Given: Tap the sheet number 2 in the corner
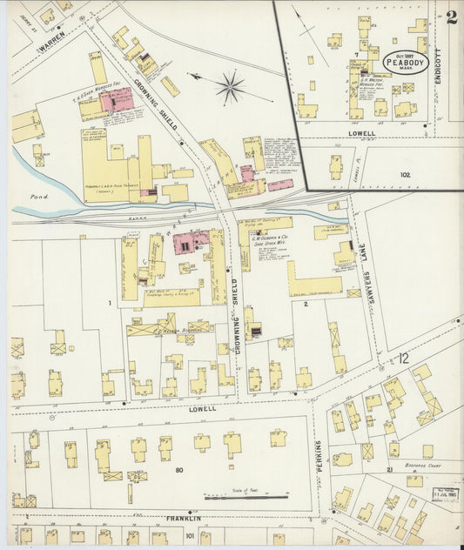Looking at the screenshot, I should coord(451,17).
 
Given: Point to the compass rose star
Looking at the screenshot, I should coord(231,86).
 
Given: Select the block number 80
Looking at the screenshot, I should coord(178,471).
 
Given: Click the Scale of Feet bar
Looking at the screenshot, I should coord(246,498).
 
